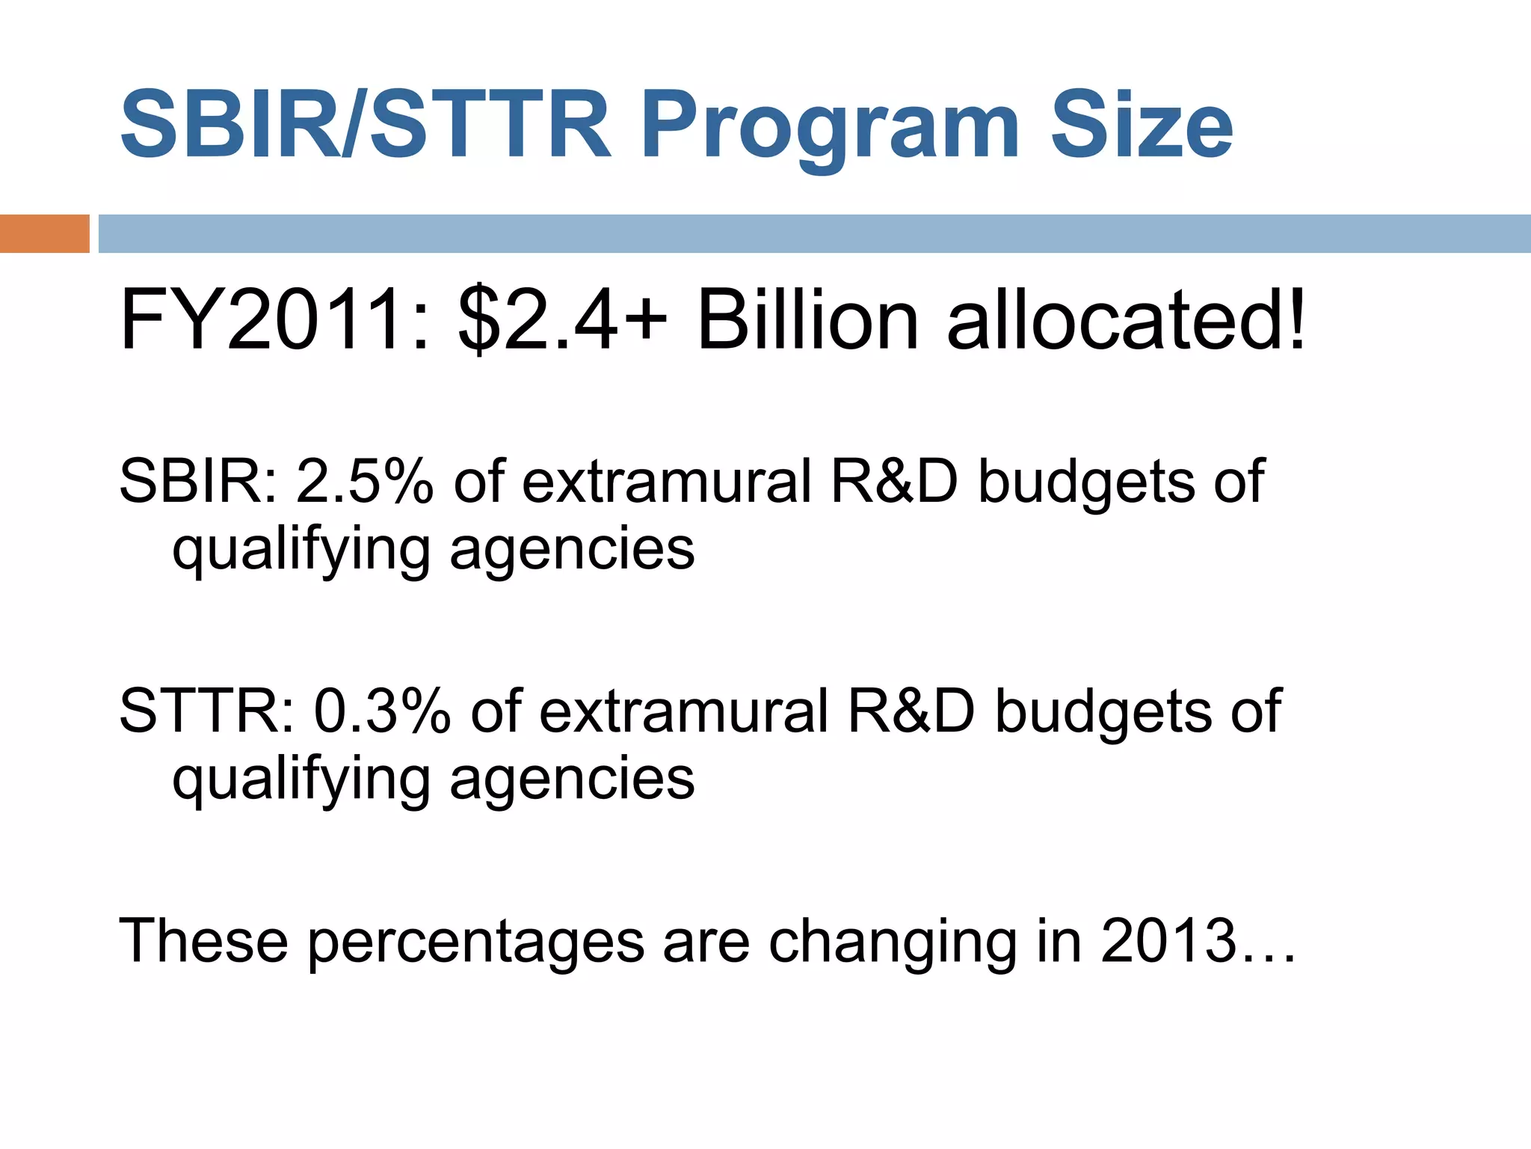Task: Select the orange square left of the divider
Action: pyautogui.click(x=44, y=233)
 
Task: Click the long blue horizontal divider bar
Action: pyautogui.click(x=813, y=233)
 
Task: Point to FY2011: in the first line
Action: pyautogui.click(x=275, y=320)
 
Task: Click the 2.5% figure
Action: pyautogui.click(x=365, y=480)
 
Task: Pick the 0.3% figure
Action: pyautogui.click(x=382, y=711)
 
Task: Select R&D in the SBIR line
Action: pyautogui.click(x=894, y=480)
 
